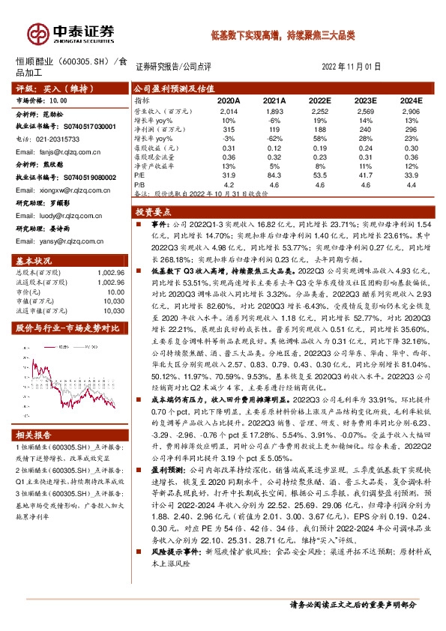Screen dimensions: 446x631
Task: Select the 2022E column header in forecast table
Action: (319, 100)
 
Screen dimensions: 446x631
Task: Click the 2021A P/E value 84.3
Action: (274, 173)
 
